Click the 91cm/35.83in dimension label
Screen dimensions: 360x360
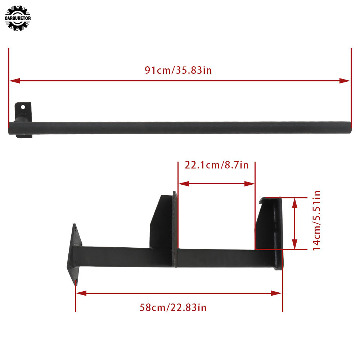[x=178, y=70]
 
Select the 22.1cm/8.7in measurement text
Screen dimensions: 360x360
[x=216, y=165]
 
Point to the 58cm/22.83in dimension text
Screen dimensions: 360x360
[x=173, y=307]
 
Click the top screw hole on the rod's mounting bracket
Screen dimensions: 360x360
[x=23, y=107]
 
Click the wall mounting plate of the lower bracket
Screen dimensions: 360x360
[x=75, y=254]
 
